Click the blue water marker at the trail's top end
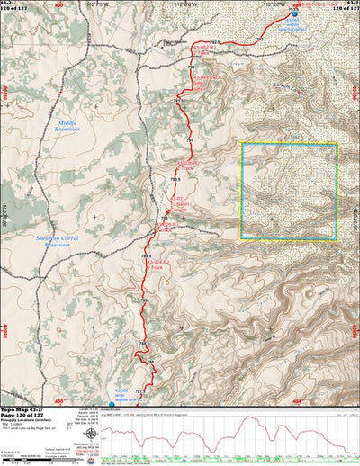tap(294, 13)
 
